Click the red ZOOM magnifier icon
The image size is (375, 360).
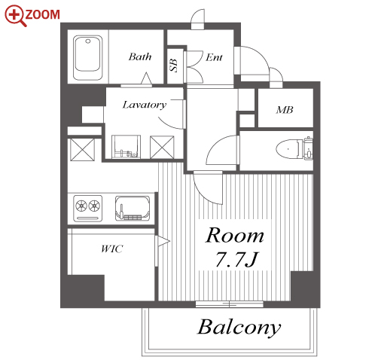[x=15, y=16]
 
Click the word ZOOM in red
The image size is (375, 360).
[x=42, y=14]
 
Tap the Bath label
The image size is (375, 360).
[x=140, y=56]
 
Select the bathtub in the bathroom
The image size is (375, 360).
[x=88, y=57]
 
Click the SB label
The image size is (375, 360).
[x=174, y=66]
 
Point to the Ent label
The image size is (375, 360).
[x=214, y=57]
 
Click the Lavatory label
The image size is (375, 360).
[x=145, y=105]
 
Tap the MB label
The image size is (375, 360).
[x=285, y=110]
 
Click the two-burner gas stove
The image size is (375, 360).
[x=88, y=209]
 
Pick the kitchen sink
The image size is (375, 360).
[x=133, y=209]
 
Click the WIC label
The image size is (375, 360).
[x=112, y=249]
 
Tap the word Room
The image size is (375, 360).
[x=235, y=236]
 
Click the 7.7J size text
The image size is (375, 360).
[x=236, y=260]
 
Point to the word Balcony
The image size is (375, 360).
[x=239, y=328]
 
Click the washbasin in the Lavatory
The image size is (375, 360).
[x=126, y=147]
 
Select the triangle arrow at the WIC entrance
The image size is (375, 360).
[x=163, y=242]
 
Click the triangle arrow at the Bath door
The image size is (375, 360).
[x=146, y=78]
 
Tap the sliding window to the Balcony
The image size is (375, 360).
[x=230, y=304]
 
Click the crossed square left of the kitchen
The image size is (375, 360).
[x=82, y=150]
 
